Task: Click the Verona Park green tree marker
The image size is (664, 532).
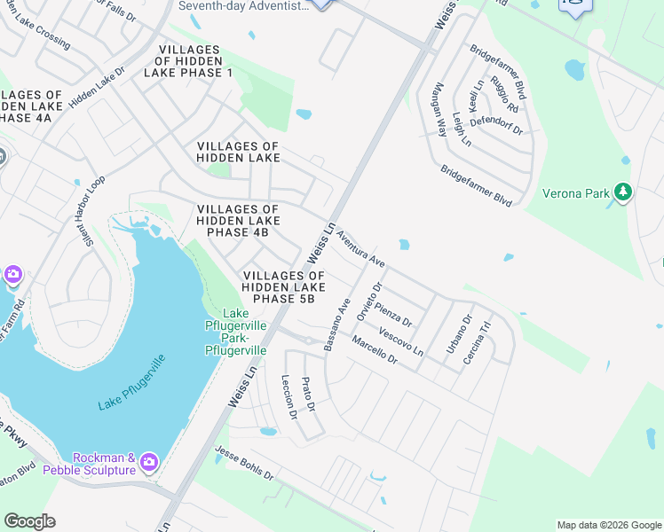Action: (x=623, y=192)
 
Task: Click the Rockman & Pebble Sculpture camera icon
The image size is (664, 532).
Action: (x=148, y=462)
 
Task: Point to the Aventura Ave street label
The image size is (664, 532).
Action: (x=360, y=252)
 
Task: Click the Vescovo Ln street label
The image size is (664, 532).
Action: (x=401, y=342)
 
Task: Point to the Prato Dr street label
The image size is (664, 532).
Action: (x=308, y=394)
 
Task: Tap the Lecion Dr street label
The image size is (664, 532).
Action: (x=288, y=396)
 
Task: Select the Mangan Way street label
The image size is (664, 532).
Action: (x=439, y=109)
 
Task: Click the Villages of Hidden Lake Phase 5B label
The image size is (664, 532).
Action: (x=283, y=287)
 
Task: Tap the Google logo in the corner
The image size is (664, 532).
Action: (x=29, y=521)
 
